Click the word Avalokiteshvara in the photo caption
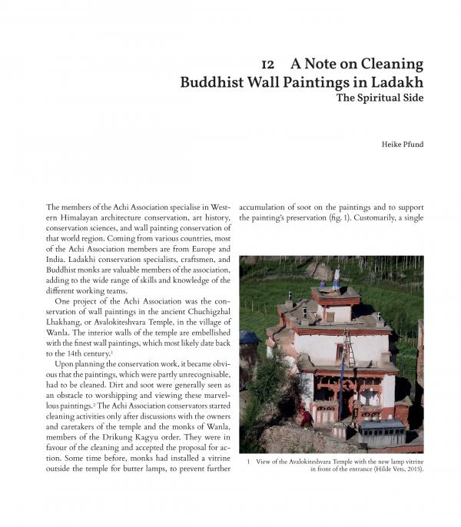click(314, 462)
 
